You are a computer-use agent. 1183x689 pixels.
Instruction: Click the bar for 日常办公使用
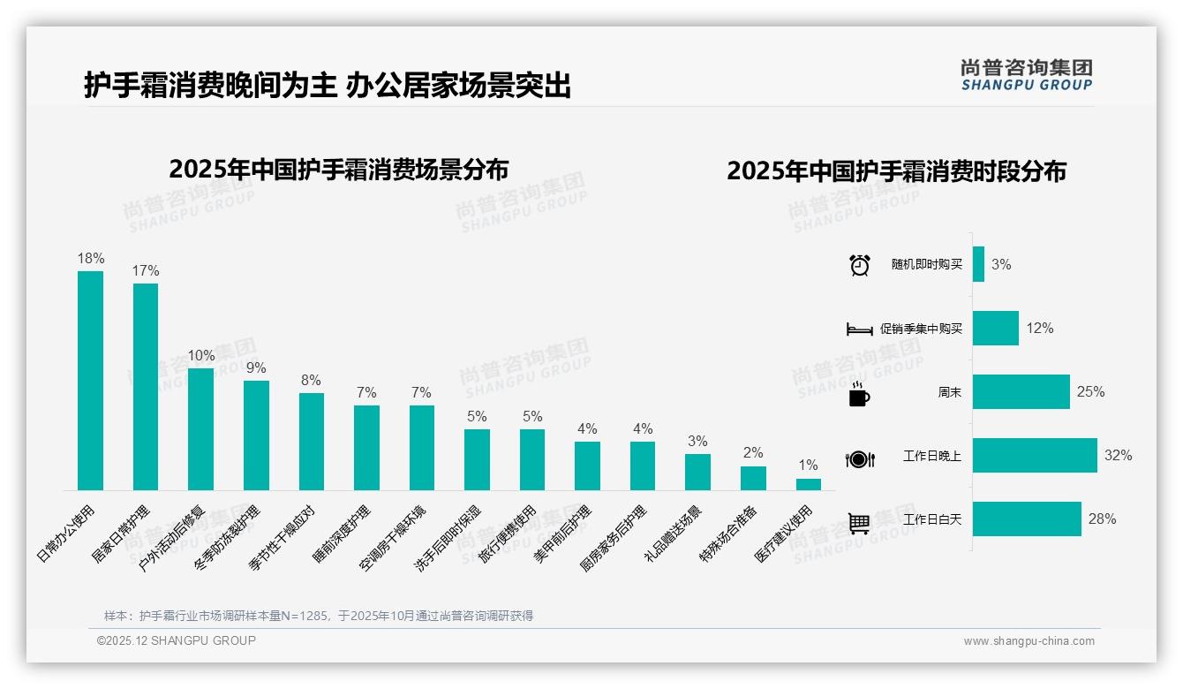click(90, 380)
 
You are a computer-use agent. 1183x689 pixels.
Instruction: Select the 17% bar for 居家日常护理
click(146, 386)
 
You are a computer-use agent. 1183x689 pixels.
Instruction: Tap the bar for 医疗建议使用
click(808, 484)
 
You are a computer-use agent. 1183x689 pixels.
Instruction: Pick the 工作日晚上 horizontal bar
click(1034, 456)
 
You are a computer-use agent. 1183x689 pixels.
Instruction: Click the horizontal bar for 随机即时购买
click(978, 265)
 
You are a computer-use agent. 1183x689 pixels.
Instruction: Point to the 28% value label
click(1102, 519)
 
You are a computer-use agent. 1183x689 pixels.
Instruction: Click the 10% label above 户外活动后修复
click(200, 356)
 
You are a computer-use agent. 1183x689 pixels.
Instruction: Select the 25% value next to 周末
click(1090, 392)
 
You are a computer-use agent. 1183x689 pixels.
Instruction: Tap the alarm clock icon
click(859, 265)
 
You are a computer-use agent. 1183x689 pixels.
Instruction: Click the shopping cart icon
click(859, 523)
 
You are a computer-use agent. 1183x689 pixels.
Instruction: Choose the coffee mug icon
click(859, 395)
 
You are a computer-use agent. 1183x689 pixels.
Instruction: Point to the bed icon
click(859, 329)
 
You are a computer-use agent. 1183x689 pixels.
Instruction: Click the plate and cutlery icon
click(859, 458)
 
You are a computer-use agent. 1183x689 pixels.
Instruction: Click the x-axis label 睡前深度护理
click(343, 534)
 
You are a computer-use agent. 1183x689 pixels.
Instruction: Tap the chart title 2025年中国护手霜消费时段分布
click(896, 171)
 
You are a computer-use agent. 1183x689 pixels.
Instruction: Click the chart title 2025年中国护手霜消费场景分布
click(338, 169)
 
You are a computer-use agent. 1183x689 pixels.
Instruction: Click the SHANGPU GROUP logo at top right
click(1026, 75)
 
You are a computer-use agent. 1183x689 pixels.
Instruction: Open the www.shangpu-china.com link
click(1029, 641)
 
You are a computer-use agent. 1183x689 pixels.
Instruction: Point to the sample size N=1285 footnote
click(319, 616)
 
